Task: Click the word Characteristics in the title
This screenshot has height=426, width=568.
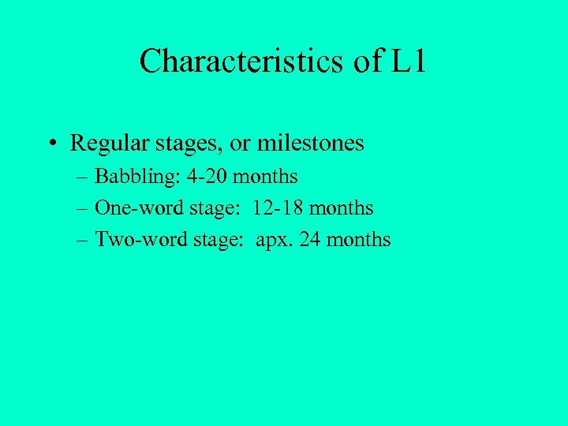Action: (241, 62)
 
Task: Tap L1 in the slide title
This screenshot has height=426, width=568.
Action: (407, 62)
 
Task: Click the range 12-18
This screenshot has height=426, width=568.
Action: (279, 208)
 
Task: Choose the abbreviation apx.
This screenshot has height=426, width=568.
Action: (272, 240)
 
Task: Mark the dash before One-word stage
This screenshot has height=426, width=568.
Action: (83, 209)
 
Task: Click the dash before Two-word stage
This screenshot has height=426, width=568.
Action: (83, 240)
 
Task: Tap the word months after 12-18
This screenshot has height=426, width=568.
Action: (342, 208)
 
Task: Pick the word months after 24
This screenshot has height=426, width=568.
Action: (358, 239)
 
